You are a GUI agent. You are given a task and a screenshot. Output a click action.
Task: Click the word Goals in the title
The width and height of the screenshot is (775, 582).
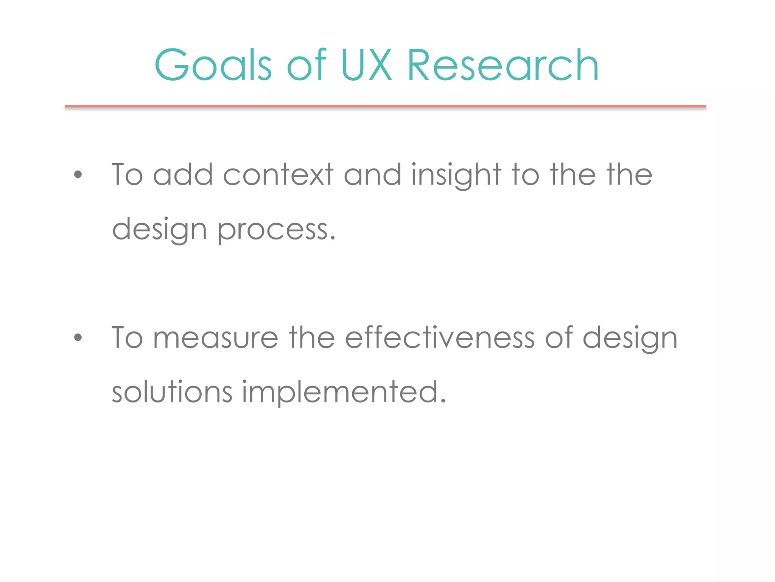(213, 65)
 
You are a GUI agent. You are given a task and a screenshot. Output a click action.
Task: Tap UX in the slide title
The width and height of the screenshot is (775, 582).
(366, 65)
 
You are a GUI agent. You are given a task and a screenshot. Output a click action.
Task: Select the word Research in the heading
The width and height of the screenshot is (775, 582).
(503, 65)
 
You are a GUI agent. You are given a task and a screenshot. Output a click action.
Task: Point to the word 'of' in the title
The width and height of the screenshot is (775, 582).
(307, 65)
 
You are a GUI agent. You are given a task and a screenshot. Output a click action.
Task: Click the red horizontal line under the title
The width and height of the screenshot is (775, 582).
(385, 107)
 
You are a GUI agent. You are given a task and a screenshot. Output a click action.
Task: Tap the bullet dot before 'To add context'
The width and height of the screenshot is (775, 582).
(78, 175)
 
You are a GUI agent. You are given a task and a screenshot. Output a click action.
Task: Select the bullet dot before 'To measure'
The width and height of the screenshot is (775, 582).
(78, 337)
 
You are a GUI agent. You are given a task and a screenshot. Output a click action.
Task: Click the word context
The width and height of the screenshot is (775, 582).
(278, 175)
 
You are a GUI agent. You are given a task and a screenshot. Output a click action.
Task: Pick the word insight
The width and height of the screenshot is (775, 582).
(456, 175)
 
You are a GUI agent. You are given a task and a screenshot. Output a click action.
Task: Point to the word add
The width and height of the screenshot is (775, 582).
(183, 175)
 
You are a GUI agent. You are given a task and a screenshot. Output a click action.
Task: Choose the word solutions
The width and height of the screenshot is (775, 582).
(172, 392)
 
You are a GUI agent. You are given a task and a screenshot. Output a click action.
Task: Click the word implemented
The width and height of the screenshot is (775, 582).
(344, 393)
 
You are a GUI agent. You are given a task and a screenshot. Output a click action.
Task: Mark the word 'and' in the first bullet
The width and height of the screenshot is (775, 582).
(372, 175)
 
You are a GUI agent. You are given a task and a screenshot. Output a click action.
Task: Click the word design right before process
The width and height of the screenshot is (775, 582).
(159, 230)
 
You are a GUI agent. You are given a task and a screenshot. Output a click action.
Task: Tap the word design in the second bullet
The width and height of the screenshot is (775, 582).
(630, 338)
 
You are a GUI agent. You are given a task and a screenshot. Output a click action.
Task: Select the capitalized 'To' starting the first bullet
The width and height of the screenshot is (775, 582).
(127, 175)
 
